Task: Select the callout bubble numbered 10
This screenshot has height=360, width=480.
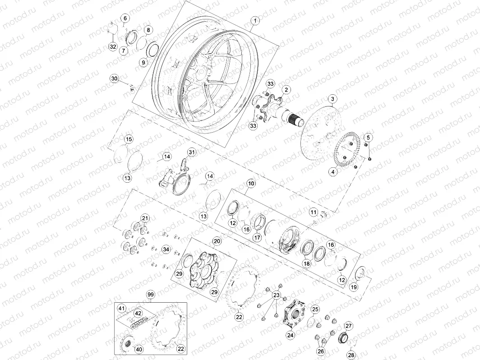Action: coord(251,184)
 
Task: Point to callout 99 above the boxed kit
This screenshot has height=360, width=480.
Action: coord(151,295)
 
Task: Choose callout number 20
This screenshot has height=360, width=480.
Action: coord(217,241)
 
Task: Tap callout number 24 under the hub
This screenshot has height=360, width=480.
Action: coord(290,335)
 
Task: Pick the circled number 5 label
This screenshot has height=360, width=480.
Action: coord(368,138)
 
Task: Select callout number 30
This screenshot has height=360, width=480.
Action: coord(115,79)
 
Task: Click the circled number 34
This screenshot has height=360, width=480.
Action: coord(166,249)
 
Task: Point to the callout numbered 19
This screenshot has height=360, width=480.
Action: coord(354,287)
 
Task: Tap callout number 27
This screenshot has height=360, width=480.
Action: coord(348,326)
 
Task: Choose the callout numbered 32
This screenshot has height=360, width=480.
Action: coord(113,46)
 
